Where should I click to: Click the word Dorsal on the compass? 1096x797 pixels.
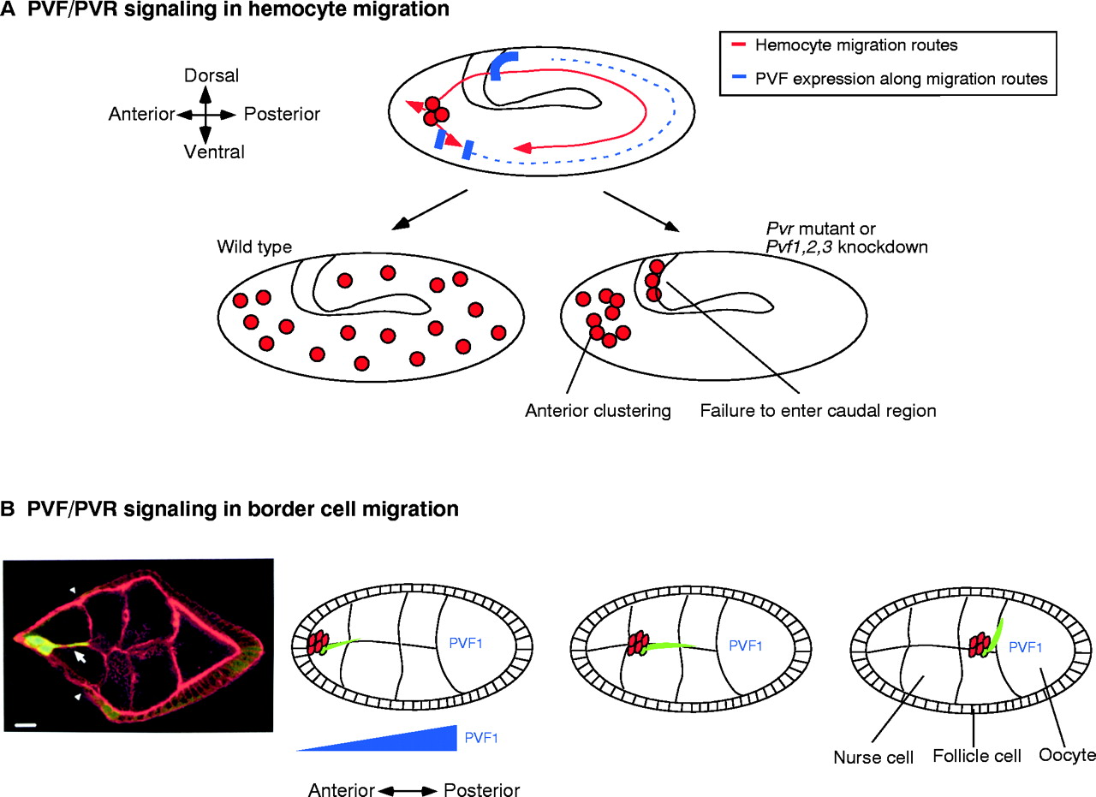tap(205, 76)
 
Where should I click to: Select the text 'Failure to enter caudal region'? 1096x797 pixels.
tap(818, 410)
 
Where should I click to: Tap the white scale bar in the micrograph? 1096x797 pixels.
tap(26, 725)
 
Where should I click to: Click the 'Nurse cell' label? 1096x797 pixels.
tap(873, 757)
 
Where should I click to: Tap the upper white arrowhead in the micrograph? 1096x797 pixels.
tap(73, 589)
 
